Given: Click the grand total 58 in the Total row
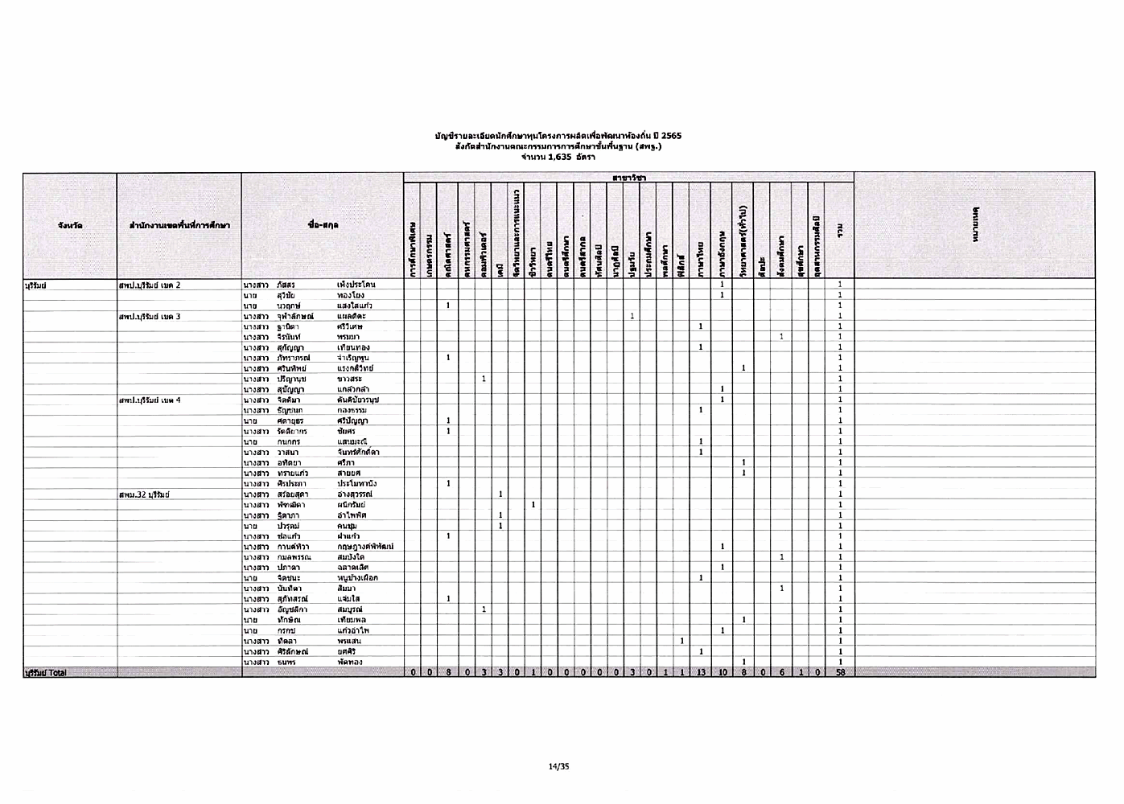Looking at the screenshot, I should click(x=839, y=672).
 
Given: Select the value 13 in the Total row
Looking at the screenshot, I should click(x=701, y=672).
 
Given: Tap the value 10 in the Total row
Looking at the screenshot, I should click(x=722, y=672).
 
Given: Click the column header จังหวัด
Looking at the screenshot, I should click(x=69, y=226).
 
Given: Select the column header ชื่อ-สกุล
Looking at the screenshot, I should click(x=323, y=226).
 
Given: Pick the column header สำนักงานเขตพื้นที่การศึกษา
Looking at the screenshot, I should click(x=179, y=226).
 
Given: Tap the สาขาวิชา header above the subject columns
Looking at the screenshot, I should click(x=628, y=177).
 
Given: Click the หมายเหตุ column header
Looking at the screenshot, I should click(x=974, y=226).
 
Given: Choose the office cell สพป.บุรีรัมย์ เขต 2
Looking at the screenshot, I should click(x=150, y=285).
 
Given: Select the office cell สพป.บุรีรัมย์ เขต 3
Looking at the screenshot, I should click(x=150, y=316).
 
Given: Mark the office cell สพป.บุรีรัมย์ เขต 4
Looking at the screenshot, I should click(x=150, y=400).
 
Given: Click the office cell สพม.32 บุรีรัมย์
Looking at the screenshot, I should click(x=143, y=494).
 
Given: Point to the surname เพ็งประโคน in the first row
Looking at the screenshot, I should click(x=356, y=285).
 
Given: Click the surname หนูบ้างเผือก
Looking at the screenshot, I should click(x=357, y=578).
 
